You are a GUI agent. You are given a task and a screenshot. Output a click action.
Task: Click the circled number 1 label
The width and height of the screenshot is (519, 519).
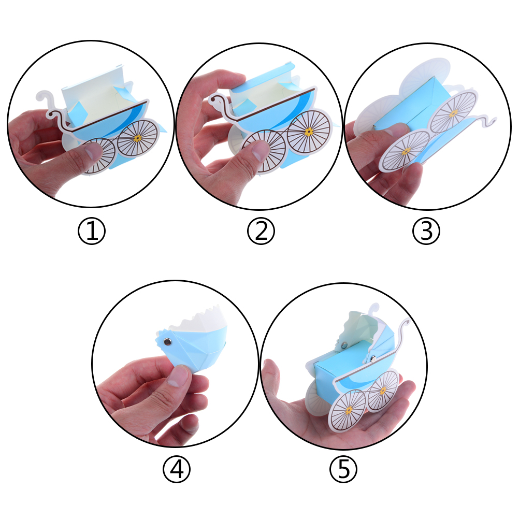point(92,230)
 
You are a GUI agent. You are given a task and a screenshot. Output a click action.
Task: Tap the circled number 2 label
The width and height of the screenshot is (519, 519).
point(261,230)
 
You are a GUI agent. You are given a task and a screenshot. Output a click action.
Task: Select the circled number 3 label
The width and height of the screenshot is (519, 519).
point(426,230)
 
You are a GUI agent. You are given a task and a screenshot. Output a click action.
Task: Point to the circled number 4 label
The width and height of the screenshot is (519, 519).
point(177,469)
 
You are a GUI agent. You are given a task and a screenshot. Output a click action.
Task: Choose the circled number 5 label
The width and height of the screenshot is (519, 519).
point(343,469)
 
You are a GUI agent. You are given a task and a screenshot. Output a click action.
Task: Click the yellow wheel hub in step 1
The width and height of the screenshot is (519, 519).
point(138,138)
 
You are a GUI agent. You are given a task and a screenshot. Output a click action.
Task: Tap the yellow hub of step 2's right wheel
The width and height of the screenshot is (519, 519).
point(309,132)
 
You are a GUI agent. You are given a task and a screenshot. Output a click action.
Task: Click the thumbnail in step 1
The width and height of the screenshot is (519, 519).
point(93,151)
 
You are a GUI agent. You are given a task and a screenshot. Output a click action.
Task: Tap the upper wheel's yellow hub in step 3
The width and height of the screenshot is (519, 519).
point(453,113)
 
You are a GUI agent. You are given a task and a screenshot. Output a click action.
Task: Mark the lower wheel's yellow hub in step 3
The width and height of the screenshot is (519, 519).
point(406,151)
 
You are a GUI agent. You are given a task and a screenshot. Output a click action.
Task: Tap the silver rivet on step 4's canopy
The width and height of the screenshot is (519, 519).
point(168,341)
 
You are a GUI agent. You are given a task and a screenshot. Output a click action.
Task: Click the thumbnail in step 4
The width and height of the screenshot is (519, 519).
point(178,376)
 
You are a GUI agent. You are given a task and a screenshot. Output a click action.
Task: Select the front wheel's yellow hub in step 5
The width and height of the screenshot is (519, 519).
point(349,410)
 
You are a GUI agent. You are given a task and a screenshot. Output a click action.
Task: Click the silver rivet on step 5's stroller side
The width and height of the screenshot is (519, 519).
point(373,358)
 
